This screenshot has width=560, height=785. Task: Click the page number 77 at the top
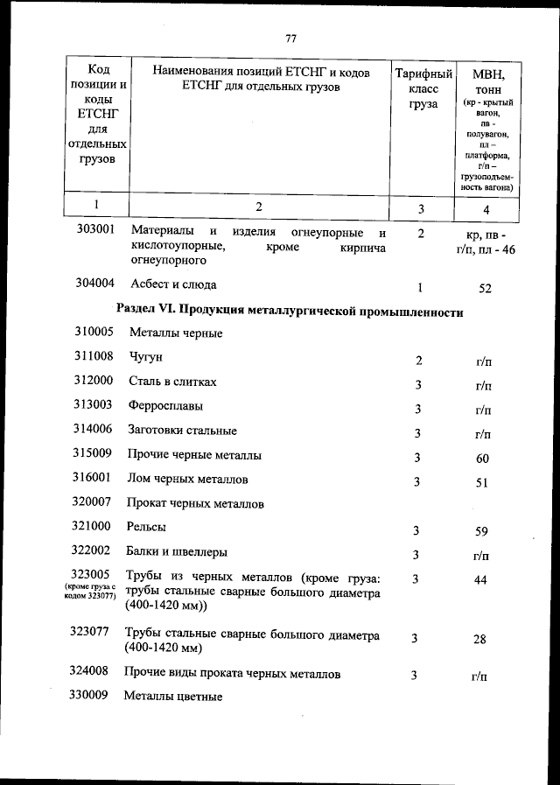tap(291, 39)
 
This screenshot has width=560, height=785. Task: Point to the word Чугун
tap(146, 357)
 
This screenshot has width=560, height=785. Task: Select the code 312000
tap(94, 382)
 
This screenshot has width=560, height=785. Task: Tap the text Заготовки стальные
tap(182, 431)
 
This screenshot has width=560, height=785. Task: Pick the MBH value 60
tap(482, 459)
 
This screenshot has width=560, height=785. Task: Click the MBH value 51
tap(481, 482)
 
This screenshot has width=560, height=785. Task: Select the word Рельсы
tap(146, 527)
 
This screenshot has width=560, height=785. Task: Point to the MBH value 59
tap(481, 531)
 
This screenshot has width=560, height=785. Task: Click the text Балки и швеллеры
tap(178, 552)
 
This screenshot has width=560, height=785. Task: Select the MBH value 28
tap(479, 640)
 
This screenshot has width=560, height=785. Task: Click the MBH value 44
tap(479, 580)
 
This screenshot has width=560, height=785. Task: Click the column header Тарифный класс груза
tap(423, 89)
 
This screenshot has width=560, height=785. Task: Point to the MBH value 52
tap(486, 288)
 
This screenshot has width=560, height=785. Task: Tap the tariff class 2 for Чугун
tap(419, 361)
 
